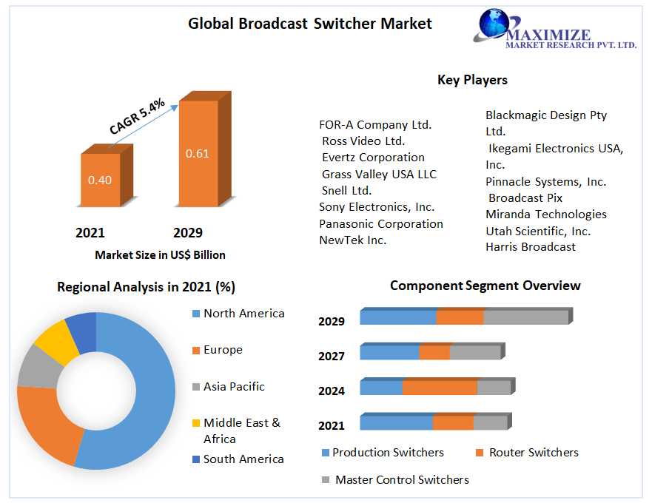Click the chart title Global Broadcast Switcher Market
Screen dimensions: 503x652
(310, 23)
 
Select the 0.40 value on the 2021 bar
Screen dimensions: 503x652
(100, 180)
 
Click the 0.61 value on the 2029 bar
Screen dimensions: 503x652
(198, 154)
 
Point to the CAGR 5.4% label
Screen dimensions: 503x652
(137, 116)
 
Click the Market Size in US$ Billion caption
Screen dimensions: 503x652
(160, 254)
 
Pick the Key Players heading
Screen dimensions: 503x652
(472, 80)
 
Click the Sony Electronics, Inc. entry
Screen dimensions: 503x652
(377, 207)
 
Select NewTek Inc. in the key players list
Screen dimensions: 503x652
(353, 240)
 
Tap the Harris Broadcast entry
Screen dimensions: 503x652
(530, 247)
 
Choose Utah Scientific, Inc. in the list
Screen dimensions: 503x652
(538, 231)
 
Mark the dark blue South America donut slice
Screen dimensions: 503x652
(82, 330)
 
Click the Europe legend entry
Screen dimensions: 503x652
(223, 350)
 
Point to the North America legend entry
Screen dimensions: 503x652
(243, 314)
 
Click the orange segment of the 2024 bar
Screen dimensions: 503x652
(440, 388)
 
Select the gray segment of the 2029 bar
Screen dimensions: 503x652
(525, 317)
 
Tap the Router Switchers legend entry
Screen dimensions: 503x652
(534, 452)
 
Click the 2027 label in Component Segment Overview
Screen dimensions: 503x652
(332, 357)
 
